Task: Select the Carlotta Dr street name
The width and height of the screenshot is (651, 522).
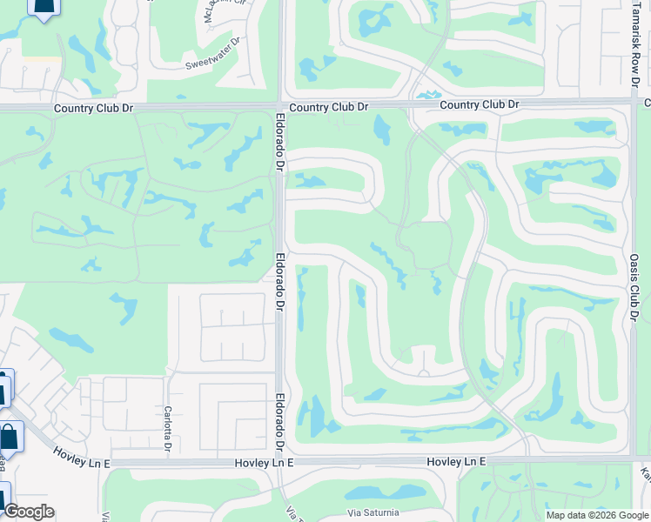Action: point(168,430)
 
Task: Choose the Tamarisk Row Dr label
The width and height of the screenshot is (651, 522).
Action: point(634,44)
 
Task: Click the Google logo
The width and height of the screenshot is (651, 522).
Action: point(29,512)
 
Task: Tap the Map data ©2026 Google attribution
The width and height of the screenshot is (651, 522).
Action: point(596,515)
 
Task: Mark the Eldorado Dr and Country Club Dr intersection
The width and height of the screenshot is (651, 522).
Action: point(281,107)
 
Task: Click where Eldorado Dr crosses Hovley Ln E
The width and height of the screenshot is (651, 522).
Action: point(281,463)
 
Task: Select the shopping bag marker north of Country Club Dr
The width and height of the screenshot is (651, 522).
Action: point(44,7)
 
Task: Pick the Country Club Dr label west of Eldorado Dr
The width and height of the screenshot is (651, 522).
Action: point(93,109)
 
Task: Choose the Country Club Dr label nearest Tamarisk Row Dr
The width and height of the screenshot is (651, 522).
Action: point(479,104)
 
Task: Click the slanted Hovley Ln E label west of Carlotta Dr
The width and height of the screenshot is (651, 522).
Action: point(82,458)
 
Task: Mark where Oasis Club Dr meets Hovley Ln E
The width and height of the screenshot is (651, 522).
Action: point(630,454)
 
